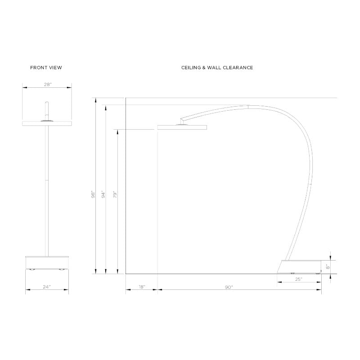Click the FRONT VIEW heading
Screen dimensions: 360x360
[x=46, y=68]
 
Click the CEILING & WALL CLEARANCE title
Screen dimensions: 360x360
[x=217, y=68]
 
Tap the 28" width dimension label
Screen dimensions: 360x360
[x=48, y=85]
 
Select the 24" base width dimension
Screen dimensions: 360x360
[x=47, y=287]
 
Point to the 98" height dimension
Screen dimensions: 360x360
[x=93, y=194]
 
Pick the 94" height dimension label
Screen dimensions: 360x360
[x=103, y=194]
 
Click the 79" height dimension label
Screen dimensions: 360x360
[x=115, y=194]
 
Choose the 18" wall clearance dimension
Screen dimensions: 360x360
[x=142, y=287]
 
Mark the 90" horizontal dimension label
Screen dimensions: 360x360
[x=229, y=287]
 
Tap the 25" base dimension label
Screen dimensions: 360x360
[x=298, y=279]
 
